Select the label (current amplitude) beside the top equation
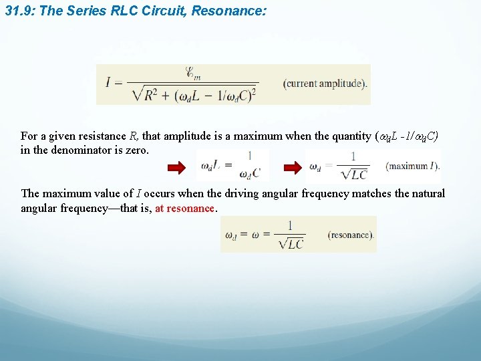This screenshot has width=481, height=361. tap(325, 84)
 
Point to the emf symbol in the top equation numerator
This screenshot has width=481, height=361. tap(193, 72)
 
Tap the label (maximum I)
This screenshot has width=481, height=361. tap(412, 165)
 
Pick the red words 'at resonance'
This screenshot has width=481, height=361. tap(185, 209)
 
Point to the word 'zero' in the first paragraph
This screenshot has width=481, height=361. tap(137, 150)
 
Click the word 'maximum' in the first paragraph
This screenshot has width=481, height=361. tap(259, 136)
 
